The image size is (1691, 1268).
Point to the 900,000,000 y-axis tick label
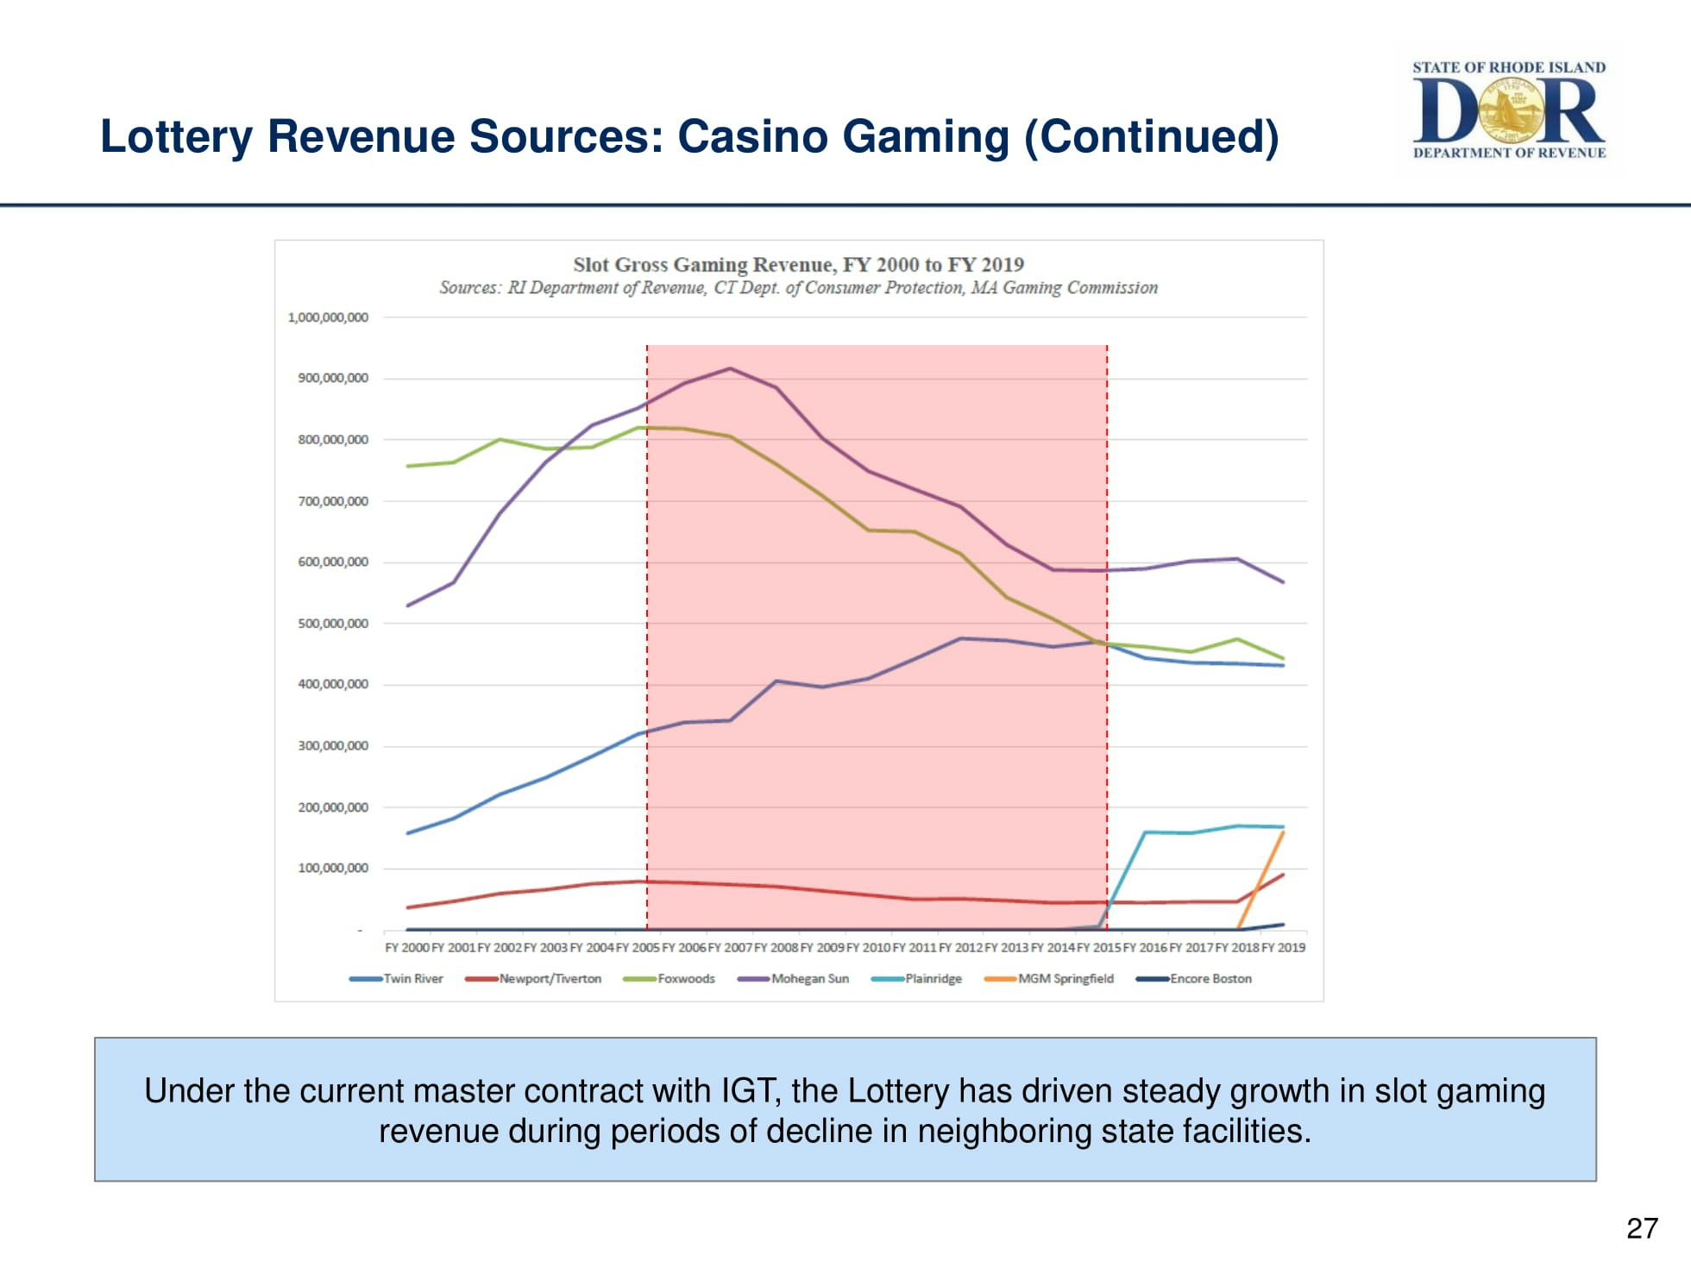[333, 378]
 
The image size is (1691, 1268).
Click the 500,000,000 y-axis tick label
[333, 624]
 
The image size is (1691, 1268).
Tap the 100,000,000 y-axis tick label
[333, 868]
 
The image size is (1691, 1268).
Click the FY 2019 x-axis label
[1283, 947]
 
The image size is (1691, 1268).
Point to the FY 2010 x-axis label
[868, 947]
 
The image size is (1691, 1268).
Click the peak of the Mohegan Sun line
[731, 368]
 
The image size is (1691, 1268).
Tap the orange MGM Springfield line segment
[1261, 880]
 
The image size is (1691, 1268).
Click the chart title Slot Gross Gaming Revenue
[798, 264]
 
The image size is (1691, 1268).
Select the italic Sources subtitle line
[798, 287]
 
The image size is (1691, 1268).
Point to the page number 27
[1642, 1227]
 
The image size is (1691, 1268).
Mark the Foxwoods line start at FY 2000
[407, 466]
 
